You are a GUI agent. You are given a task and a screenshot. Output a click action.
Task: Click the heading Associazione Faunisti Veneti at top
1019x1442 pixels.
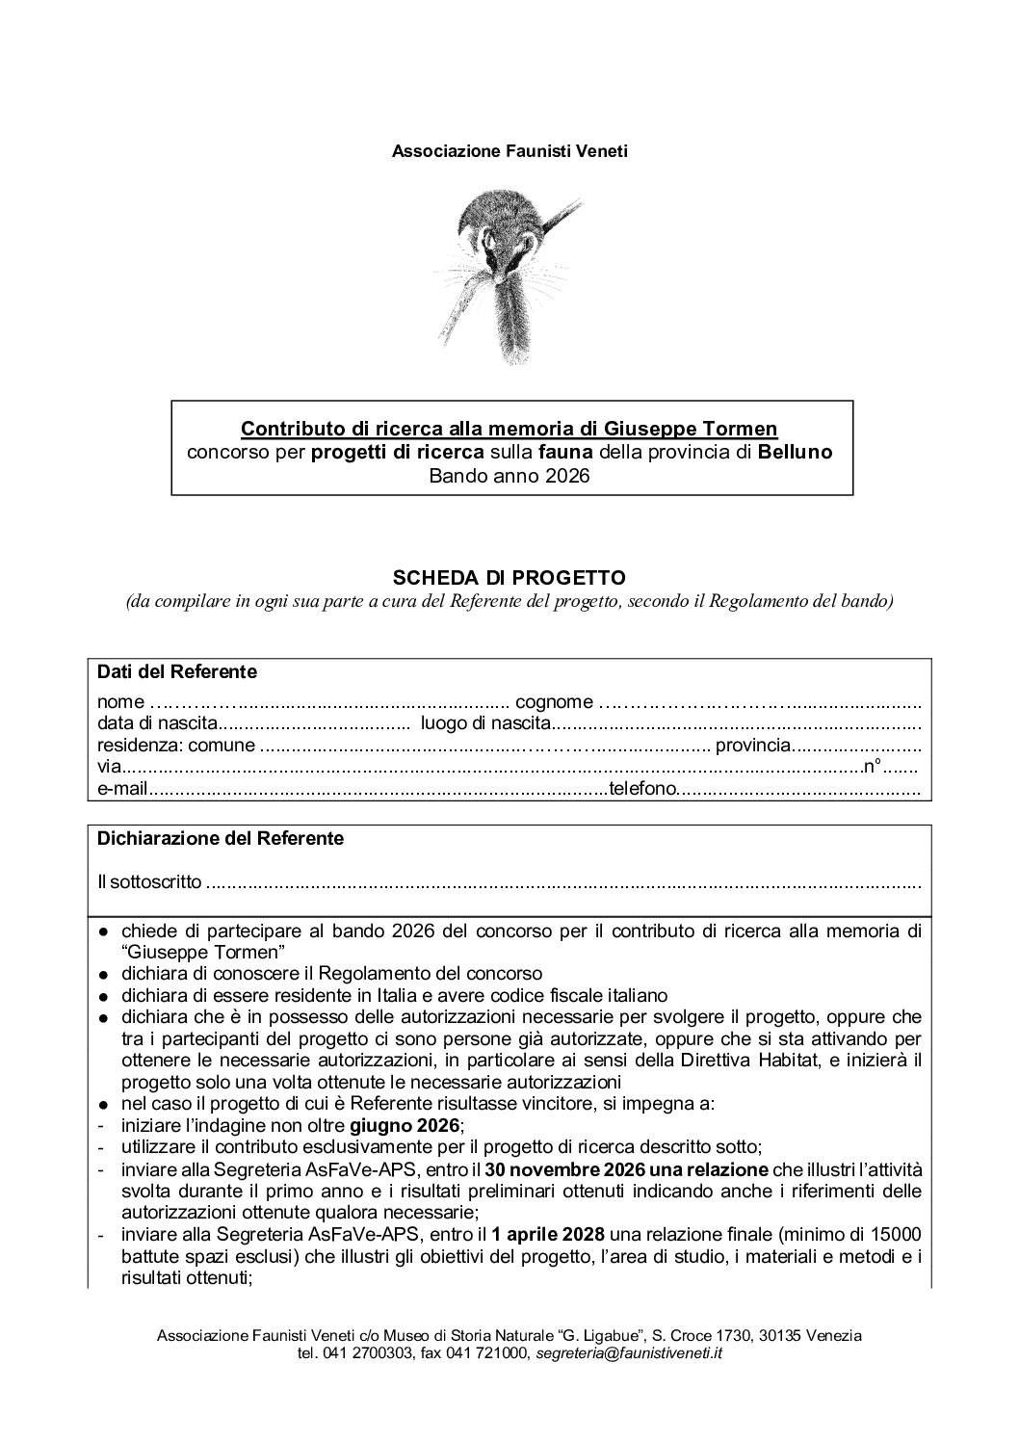tap(509, 151)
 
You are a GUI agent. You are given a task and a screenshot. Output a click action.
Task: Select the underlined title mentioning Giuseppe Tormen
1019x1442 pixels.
tap(509, 427)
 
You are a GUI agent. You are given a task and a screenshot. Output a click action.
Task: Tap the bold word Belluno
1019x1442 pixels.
tap(796, 451)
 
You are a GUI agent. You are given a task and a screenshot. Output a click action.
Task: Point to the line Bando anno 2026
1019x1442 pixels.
tap(509, 476)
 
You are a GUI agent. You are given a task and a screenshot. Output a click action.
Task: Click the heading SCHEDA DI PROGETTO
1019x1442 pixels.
tap(509, 577)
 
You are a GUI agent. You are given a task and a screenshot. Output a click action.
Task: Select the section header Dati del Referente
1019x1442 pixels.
tap(177, 671)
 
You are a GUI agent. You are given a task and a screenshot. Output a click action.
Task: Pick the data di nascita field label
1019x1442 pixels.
tap(158, 722)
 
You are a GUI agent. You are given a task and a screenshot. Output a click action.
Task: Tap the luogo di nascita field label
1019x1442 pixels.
tap(485, 722)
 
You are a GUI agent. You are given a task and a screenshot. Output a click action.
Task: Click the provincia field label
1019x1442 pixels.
tap(753, 745)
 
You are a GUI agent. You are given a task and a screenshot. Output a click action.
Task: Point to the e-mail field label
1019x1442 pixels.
tap(122, 790)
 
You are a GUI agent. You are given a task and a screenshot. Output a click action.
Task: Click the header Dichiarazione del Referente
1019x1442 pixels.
tap(221, 838)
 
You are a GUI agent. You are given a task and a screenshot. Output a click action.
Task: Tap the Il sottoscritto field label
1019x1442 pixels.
tap(149, 881)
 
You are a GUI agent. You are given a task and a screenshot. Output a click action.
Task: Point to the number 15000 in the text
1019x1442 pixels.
tap(900, 1235)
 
